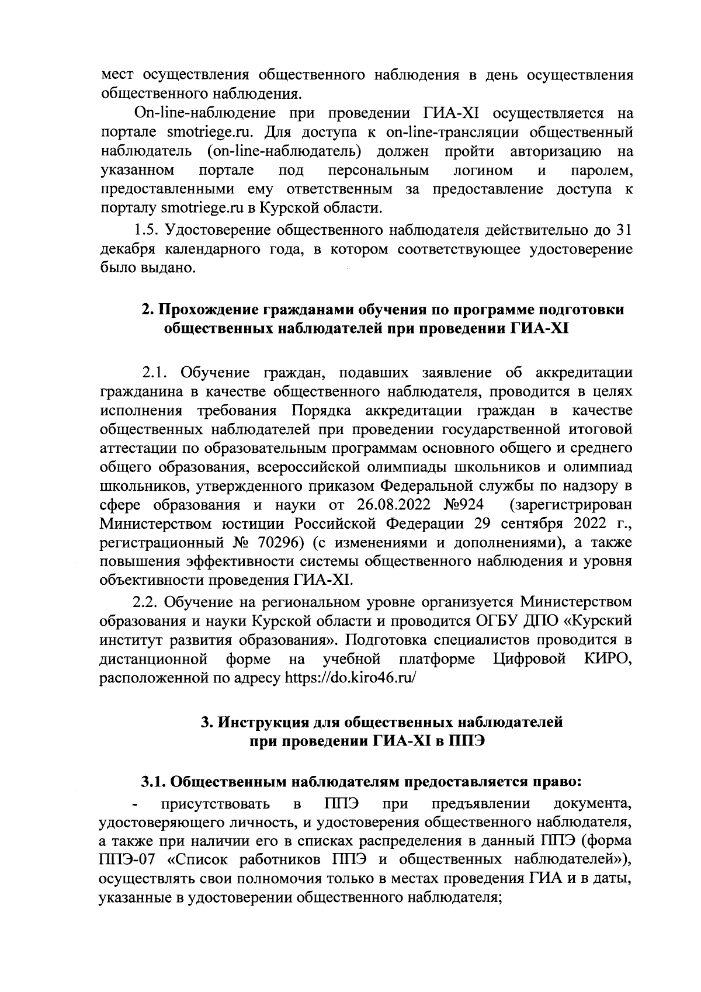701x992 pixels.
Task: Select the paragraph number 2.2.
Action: tap(147, 602)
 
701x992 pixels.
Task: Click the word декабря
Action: tap(129, 249)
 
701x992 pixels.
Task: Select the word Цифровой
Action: tap(529, 659)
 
